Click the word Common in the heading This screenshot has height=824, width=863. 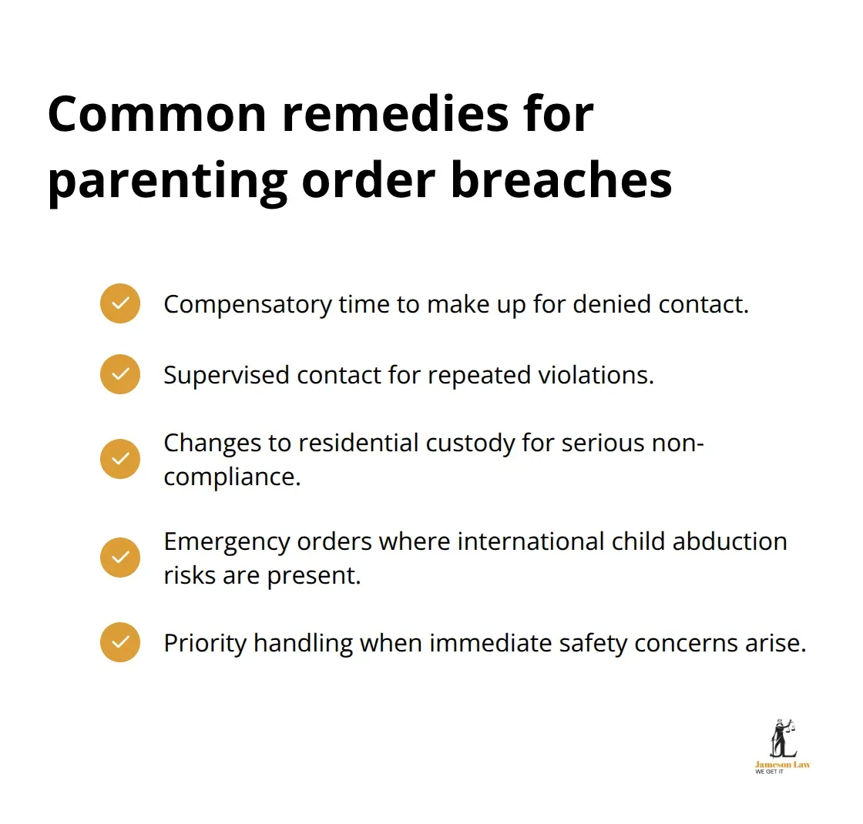[157, 113]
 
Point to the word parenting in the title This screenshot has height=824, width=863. [166, 182]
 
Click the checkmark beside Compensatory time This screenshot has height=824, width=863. [120, 303]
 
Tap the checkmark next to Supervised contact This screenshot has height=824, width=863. [120, 374]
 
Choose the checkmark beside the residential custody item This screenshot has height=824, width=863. [120, 459]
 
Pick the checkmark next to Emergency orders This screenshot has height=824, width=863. [120, 558]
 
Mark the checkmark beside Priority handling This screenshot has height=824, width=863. [120, 642]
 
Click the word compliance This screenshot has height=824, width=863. [230, 477]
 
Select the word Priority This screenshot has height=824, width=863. [205, 643]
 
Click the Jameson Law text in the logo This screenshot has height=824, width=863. [782, 765]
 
